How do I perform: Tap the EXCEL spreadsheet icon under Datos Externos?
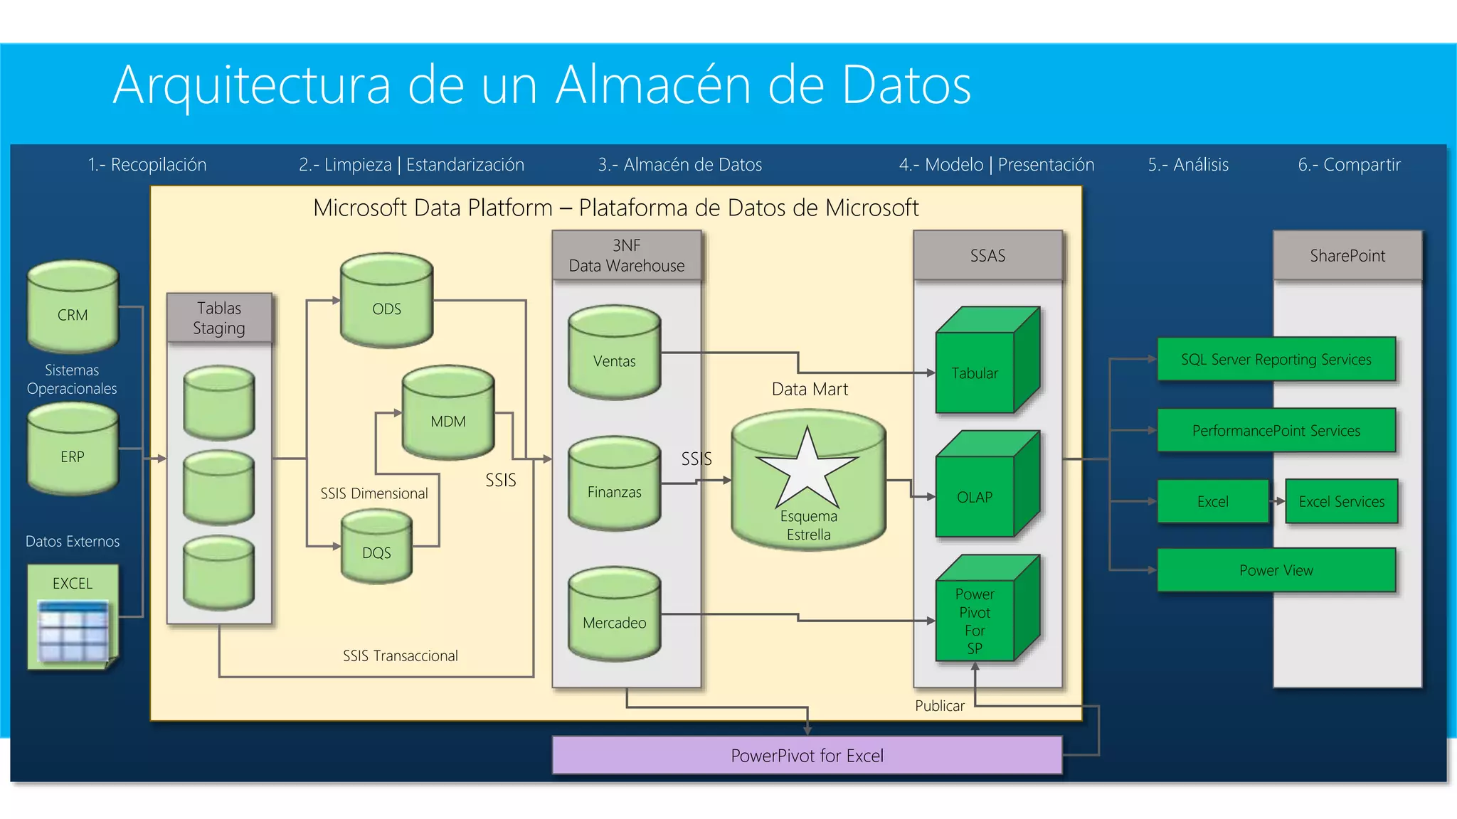[x=73, y=629]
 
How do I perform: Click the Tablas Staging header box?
[x=219, y=318]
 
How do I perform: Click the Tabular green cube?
[x=985, y=363]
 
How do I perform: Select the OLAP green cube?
[x=985, y=487]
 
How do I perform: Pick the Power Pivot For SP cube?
[x=985, y=611]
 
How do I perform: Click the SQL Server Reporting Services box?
[x=1276, y=359]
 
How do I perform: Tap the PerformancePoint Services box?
[x=1276, y=430]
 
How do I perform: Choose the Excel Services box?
[x=1341, y=501]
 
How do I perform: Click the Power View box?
[x=1276, y=570]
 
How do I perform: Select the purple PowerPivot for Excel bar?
[x=807, y=755]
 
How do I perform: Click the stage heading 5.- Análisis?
[x=1188, y=165]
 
